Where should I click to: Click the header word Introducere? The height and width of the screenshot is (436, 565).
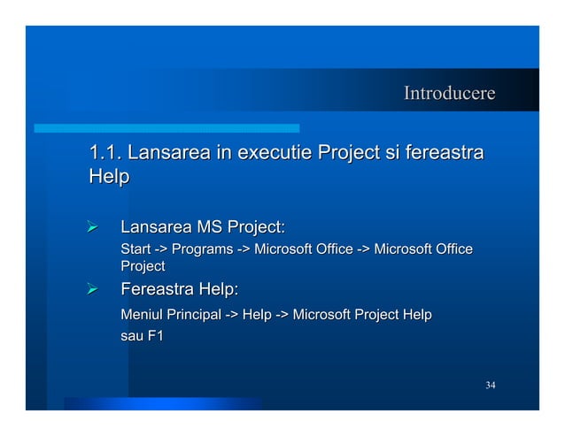(449, 94)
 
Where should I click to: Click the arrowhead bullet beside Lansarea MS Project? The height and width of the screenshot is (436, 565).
(90, 230)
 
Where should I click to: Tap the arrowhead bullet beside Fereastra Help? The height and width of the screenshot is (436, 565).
(90, 289)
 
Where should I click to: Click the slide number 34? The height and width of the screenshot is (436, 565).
(491, 385)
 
